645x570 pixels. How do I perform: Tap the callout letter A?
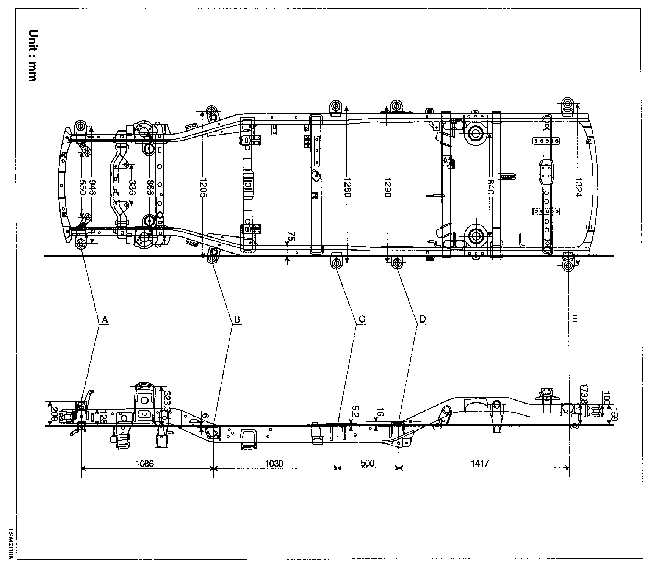coord(105,320)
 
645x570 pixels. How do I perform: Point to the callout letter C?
coord(362,320)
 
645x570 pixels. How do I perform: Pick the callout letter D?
coord(423,320)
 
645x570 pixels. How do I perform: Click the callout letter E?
coord(575,320)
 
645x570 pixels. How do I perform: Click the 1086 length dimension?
coord(144,463)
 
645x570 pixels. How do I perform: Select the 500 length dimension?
coord(368,463)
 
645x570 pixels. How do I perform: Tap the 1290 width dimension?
coord(387,188)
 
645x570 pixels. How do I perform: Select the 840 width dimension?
coord(490,188)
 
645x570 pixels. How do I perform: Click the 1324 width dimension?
coord(578,188)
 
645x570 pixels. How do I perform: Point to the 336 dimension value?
coord(132,188)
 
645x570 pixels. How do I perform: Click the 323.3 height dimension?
coord(167,402)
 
